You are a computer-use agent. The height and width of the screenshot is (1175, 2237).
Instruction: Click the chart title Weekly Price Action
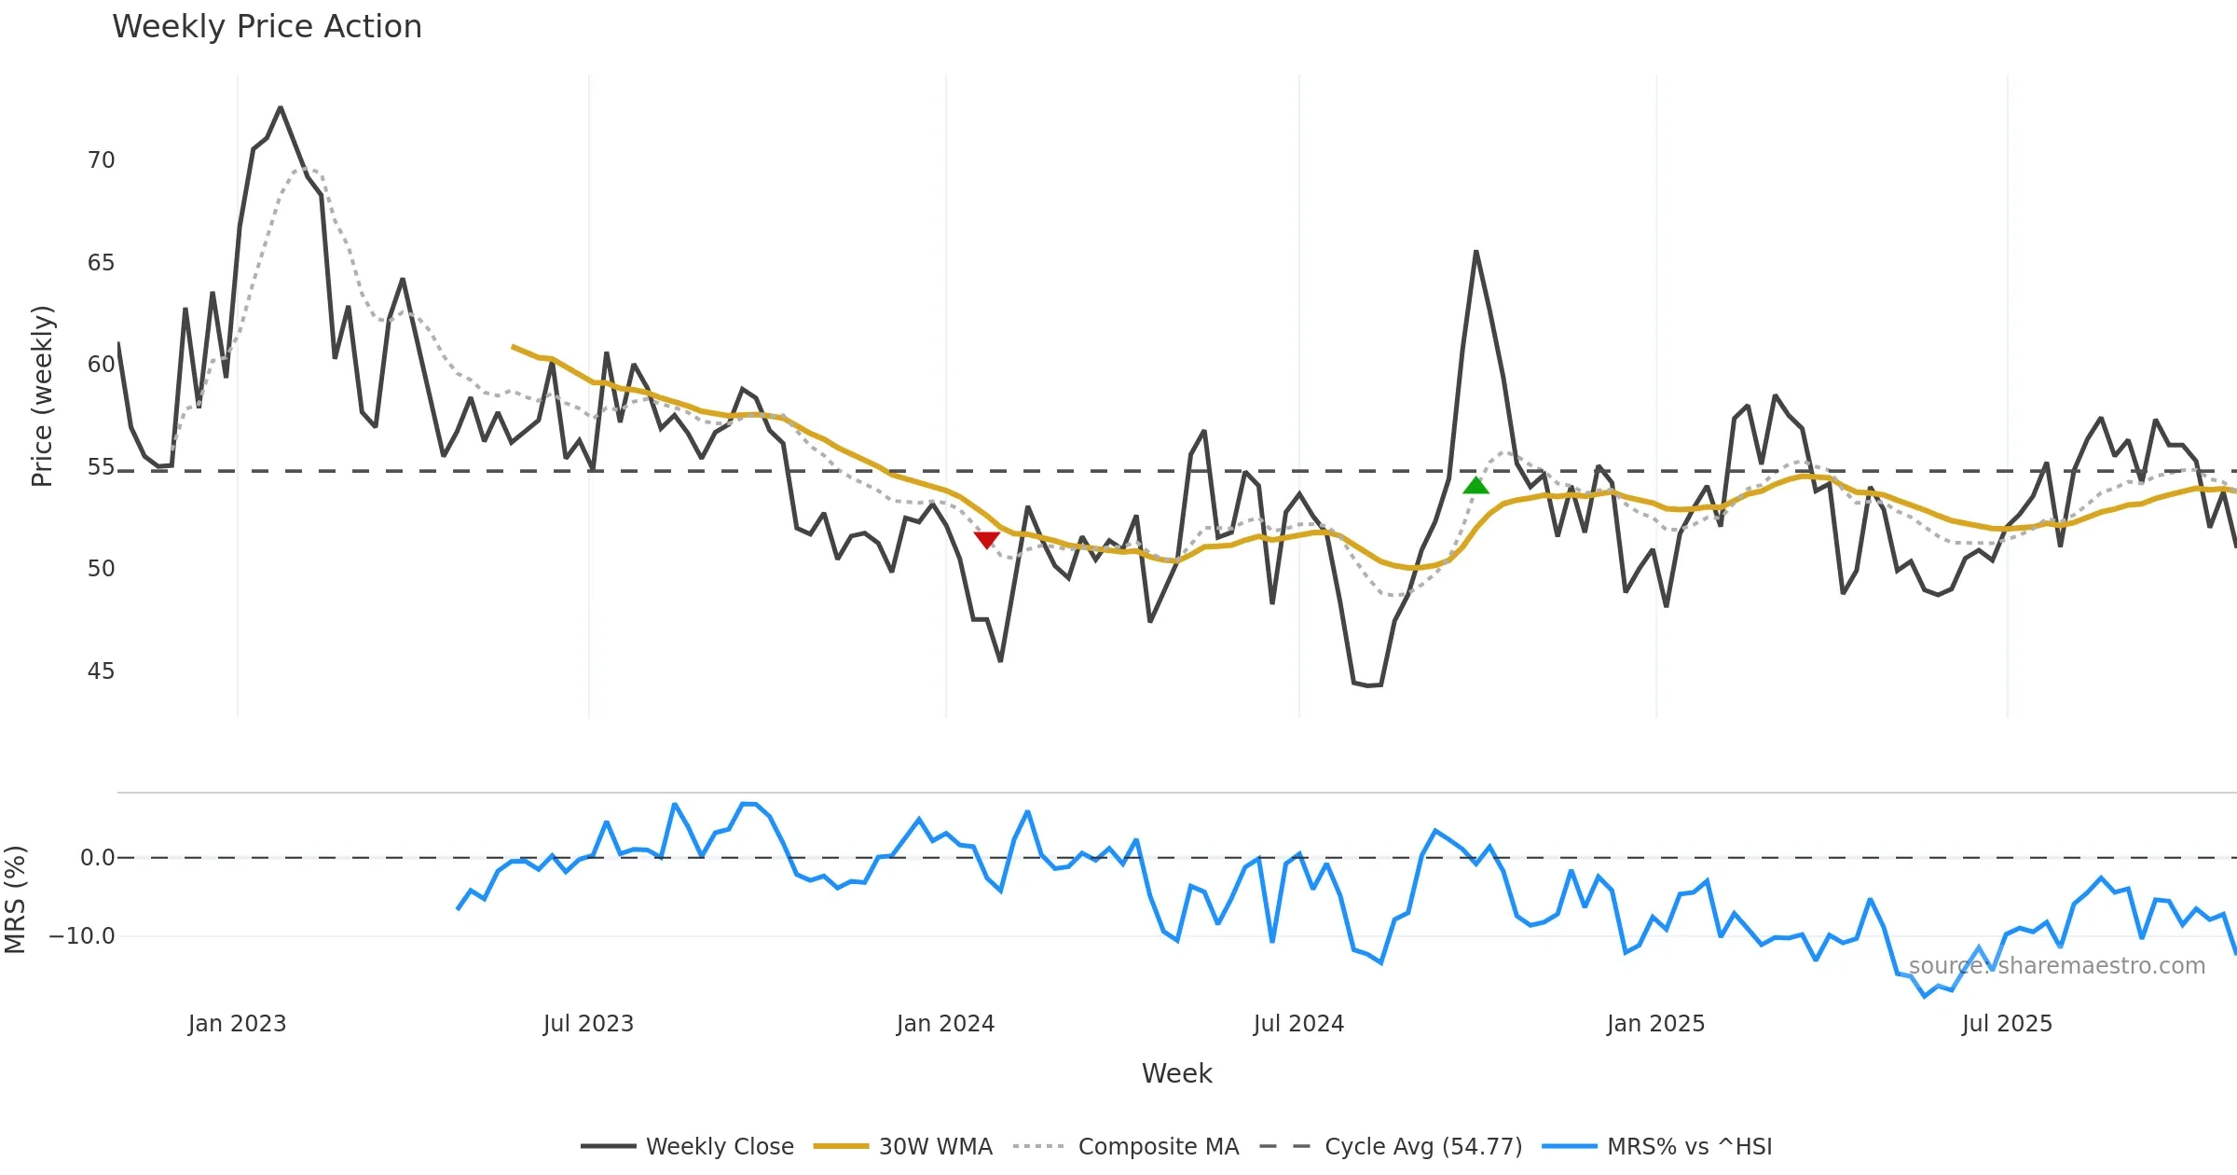coord(267,27)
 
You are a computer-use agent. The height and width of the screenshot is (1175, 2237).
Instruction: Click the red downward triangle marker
coord(986,539)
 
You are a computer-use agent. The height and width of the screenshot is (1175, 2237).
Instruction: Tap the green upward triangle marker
coord(1475,485)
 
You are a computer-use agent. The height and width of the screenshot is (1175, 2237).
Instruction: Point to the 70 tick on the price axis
coord(101,160)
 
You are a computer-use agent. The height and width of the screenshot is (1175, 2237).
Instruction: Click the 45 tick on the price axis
coord(101,671)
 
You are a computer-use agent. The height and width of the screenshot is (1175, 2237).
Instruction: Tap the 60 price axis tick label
coord(101,365)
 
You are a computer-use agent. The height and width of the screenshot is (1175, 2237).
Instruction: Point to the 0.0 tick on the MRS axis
coord(97,858)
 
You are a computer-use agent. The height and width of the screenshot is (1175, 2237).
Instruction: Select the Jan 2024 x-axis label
coord(945,1024)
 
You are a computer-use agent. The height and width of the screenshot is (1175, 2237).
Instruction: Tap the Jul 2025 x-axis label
coord(2007,1024)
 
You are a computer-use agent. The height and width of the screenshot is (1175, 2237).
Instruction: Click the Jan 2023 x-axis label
coord(237,1024)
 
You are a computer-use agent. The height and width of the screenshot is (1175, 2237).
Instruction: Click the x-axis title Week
coord(1176,1074)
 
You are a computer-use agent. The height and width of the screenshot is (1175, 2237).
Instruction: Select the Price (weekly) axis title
coord(43,396)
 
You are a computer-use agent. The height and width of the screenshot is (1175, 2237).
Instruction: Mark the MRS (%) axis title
coord(15,899)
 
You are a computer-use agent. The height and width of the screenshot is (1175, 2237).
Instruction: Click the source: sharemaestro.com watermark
coord(2056,966)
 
